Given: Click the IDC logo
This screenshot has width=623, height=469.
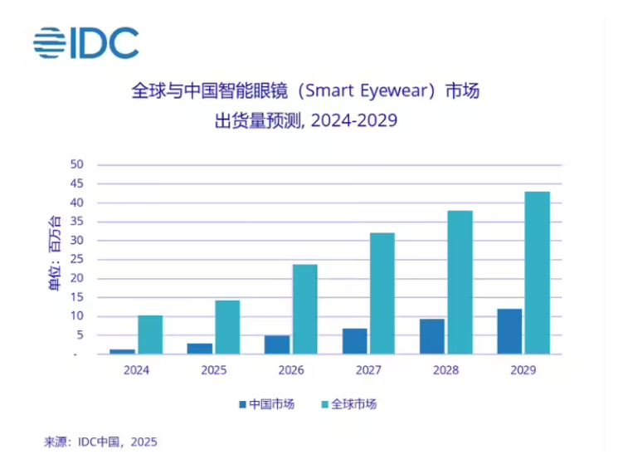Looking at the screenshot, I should click(85, 42).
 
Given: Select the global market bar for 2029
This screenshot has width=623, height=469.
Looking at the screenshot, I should click(537, 273).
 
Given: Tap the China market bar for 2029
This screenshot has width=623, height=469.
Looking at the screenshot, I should click(509, 331).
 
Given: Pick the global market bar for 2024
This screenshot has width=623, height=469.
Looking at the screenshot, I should click(149, 335).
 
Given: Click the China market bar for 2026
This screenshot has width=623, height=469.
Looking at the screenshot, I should click(277, 344).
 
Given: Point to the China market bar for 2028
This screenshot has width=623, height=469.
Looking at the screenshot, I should click(431, 336).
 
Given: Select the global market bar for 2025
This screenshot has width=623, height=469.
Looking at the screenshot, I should click(226, 327).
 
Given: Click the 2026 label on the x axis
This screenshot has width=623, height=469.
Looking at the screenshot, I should click(290, 370).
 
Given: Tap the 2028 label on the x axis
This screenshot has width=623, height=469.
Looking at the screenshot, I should click(445, 370).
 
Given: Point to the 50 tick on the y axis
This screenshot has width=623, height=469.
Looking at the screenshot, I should click(77, 164).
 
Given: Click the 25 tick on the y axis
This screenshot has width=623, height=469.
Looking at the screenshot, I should click(77, 260).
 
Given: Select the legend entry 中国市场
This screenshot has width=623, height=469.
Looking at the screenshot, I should click(267, 404).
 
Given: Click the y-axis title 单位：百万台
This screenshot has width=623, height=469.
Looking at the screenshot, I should click(55, 253).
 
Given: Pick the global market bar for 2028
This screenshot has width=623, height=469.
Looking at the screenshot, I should click(459, 282).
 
